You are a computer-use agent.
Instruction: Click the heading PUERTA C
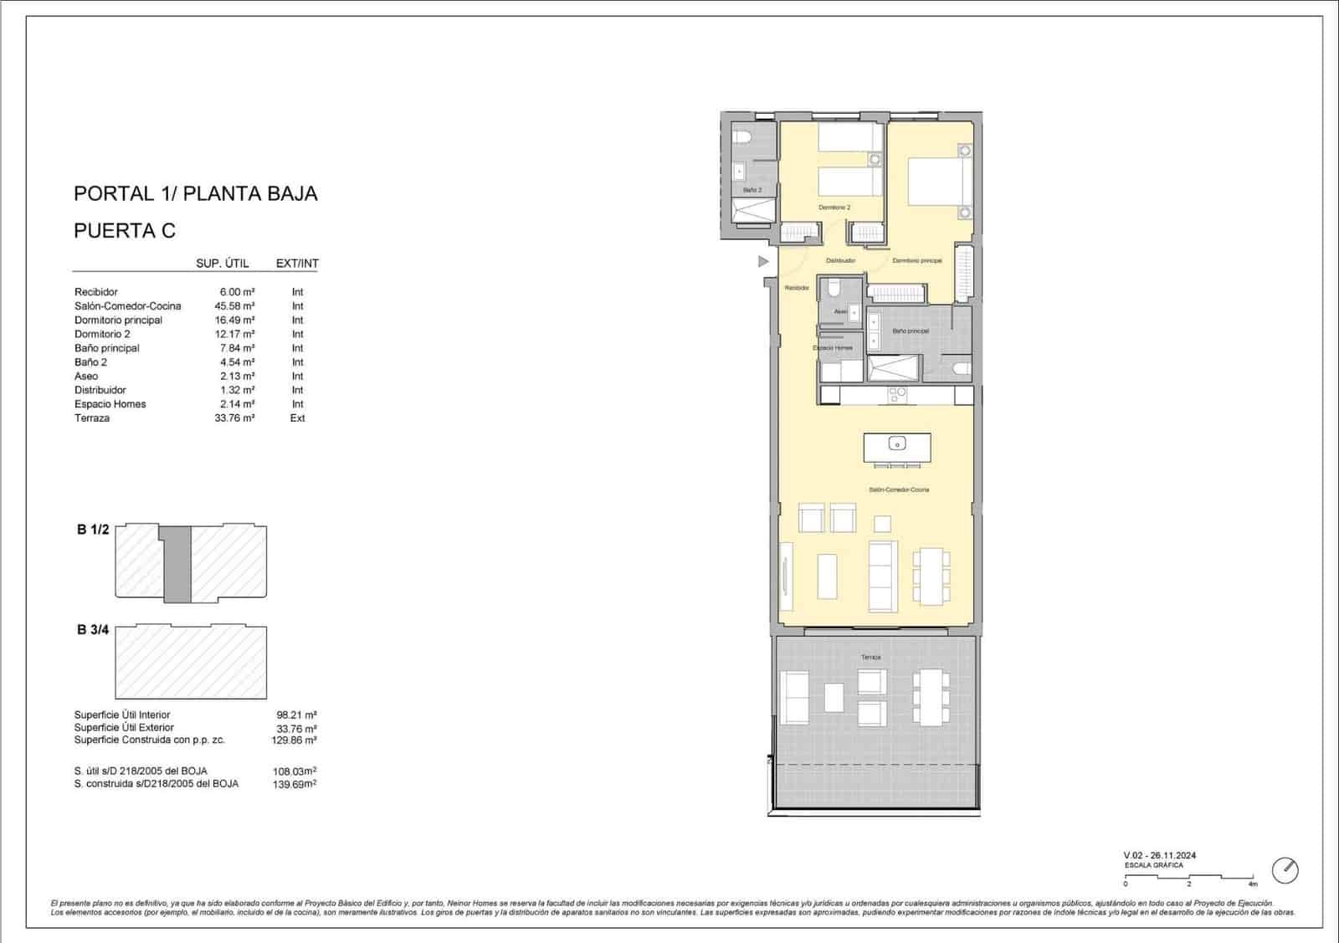125,231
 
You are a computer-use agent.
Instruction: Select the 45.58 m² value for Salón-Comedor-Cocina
234,306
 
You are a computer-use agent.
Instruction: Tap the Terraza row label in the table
92,418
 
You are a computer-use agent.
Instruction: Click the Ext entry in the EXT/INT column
297,418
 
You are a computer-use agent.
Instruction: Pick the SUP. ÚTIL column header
222,264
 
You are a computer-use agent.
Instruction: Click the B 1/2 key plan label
93,530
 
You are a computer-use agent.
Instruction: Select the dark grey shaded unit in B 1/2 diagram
176,564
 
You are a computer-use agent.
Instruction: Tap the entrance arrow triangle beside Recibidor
762,262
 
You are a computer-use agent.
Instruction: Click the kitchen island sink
896,443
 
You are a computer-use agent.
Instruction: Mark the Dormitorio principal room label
916,261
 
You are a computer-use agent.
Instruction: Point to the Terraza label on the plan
870,658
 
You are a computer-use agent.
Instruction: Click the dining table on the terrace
930,696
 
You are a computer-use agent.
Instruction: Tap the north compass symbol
1285,870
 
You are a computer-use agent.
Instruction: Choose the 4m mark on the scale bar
1252,884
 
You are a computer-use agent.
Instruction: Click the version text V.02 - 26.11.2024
1159,855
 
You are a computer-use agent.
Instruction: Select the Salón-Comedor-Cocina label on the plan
899,489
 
